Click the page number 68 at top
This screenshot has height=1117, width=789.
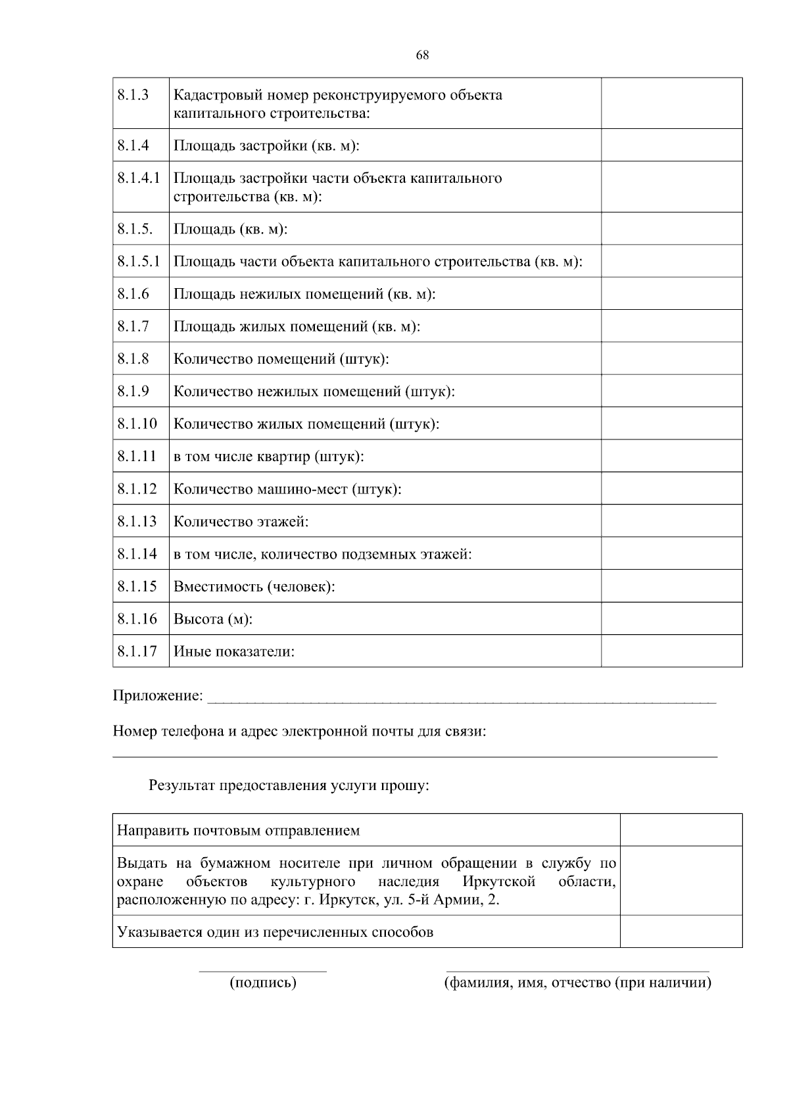422,55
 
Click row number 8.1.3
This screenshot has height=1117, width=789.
133,95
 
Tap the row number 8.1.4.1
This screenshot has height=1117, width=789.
139,178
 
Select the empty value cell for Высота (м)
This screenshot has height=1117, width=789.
671,618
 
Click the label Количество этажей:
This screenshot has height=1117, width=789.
241,522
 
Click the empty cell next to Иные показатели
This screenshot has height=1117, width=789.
671,651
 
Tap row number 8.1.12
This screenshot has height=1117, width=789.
137,489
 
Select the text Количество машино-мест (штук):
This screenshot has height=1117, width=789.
287,489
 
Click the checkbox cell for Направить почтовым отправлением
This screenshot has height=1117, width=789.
681,830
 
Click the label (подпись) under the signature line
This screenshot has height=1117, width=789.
263,983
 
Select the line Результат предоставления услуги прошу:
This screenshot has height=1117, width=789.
289,785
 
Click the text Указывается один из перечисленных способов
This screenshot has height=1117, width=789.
275,931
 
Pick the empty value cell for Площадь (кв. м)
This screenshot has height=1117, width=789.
671,229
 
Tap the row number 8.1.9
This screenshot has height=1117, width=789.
133,391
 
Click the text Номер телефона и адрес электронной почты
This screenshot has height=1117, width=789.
299,731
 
